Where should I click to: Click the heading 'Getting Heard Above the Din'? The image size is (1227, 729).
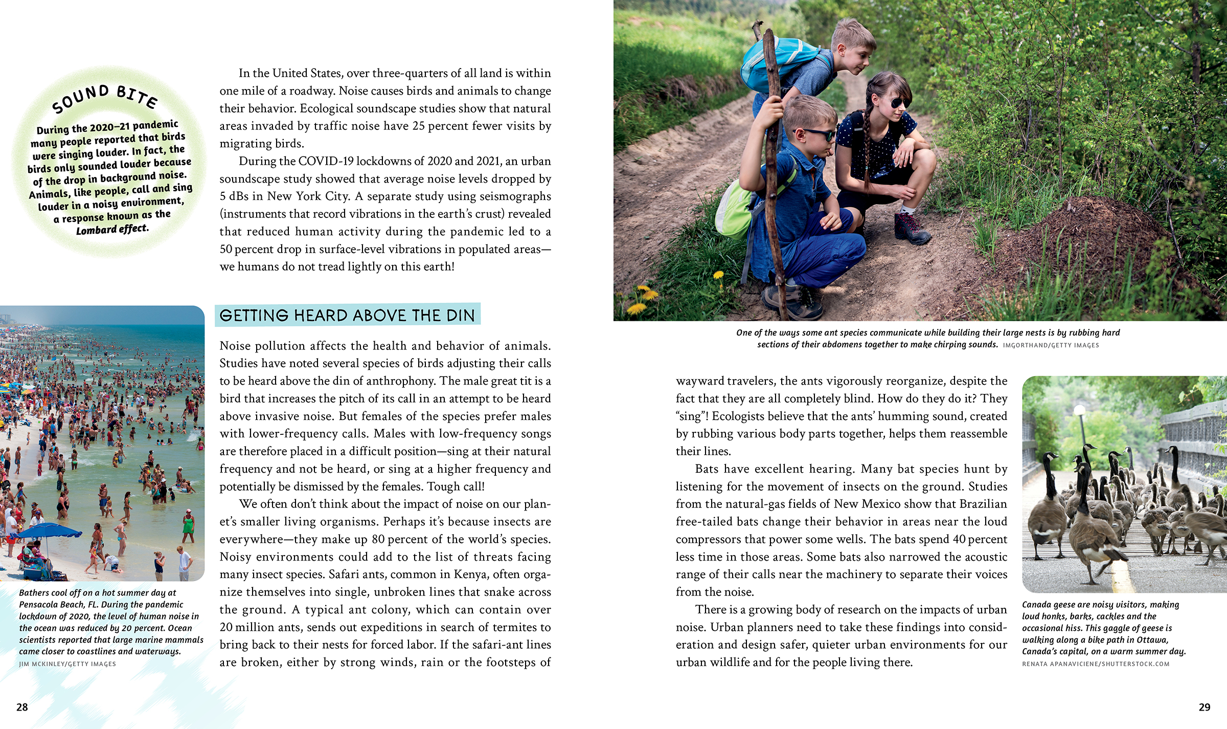[x=347, y=315]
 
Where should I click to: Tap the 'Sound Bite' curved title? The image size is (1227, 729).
[x=105, y=98]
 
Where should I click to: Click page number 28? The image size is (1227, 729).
[x=22, y=707]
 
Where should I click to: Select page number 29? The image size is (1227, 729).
[x=1204, y=707]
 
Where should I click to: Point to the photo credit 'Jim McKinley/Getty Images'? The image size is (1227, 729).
[x=67, y=664]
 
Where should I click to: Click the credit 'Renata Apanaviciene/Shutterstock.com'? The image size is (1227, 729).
[x=1096, y=664]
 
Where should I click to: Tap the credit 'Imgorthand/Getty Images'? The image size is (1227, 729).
[x=1051, y=345]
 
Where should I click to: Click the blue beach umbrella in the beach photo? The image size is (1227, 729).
[x=49, y=532]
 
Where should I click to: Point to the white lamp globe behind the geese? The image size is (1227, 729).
[x=1079, y=410]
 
